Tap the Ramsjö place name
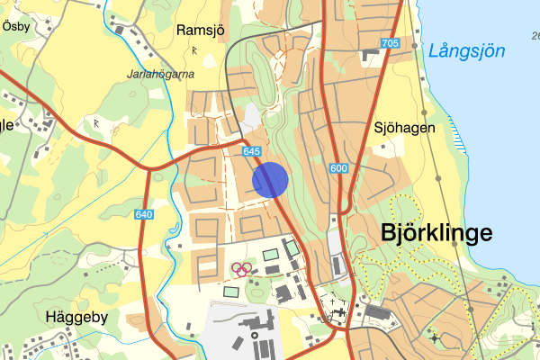(199, 29)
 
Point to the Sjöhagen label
(405, 128)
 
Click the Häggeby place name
(76, 317)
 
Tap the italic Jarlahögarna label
(161, 75)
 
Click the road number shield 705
(390, 43)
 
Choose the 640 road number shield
(144, 214)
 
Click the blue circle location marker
(270, 179)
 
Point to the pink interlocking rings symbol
(240, 267)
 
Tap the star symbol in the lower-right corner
(436, 338)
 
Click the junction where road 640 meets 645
(147, 167)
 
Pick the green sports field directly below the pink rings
(232, 292)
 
